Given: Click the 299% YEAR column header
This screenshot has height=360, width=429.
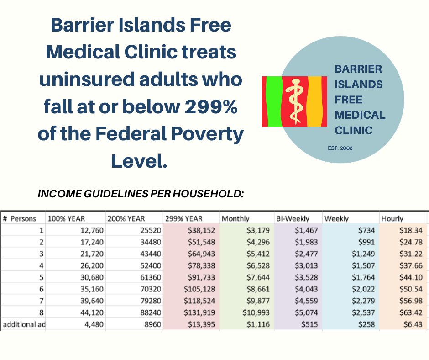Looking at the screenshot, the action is click(183, 219).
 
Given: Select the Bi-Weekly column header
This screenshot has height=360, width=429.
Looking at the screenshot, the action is click(293, 219).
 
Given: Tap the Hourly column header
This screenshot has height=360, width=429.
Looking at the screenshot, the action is click(392, 219).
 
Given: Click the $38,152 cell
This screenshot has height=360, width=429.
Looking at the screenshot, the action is click(201, 230).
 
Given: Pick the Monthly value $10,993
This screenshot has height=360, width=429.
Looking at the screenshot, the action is click(256, 312).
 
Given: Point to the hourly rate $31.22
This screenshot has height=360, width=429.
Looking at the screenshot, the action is click(411, 254).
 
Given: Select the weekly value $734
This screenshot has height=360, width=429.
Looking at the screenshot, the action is click(366, 230).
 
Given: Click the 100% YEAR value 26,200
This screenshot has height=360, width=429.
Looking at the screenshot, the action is click(92, 266).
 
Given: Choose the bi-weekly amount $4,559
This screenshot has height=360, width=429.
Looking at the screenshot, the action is click(306, 301).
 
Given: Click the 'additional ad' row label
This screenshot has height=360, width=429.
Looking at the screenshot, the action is click(24, 324).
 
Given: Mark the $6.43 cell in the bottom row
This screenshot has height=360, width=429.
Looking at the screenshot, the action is click(413, 324).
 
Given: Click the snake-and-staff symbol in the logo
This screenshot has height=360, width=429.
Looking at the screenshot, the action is click(295, 101).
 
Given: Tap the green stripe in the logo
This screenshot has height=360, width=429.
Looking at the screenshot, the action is click(274, 101).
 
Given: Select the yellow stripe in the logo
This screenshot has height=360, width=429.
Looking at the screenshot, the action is click(314, 101).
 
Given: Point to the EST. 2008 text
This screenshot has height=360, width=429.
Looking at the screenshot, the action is click(340, 148).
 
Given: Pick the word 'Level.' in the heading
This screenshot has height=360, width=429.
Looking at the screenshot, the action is click(139, 161).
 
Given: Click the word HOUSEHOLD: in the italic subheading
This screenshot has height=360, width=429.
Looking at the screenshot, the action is click(208, 194).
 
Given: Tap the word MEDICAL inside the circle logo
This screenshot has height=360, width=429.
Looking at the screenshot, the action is click(360, 115).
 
